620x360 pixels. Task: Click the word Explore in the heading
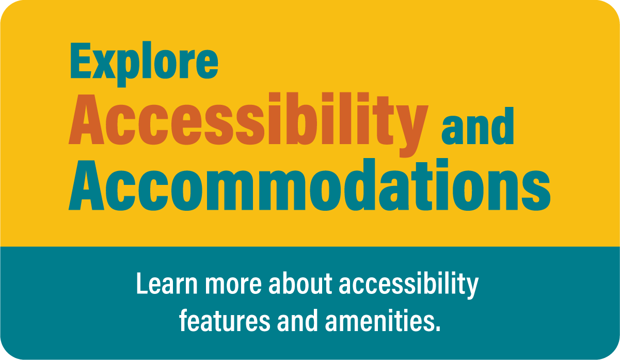pyautogui.click(x=144, y=64)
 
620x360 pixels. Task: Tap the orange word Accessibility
pyautogui.click(x=248, y=124)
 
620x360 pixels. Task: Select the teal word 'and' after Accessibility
pyautogui.click(x=478, y=126)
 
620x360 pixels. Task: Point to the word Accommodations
pyautogui.click(x=309, y=185)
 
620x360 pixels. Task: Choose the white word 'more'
pyautogui.click(x=233, y=286)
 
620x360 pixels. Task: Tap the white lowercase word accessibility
pyautogui.click(x=409, y=286)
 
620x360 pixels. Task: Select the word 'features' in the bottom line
pyautogui.click(x=225, y=321)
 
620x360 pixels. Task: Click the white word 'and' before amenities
pyautogui.click(x=297, y=321)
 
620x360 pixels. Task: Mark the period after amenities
pyautogui.click(x=437, y=328)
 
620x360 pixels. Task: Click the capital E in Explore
pyautogui.click(x=81, y=60)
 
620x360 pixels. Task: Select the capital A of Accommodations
pyautogui.click(x=86, y=185)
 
